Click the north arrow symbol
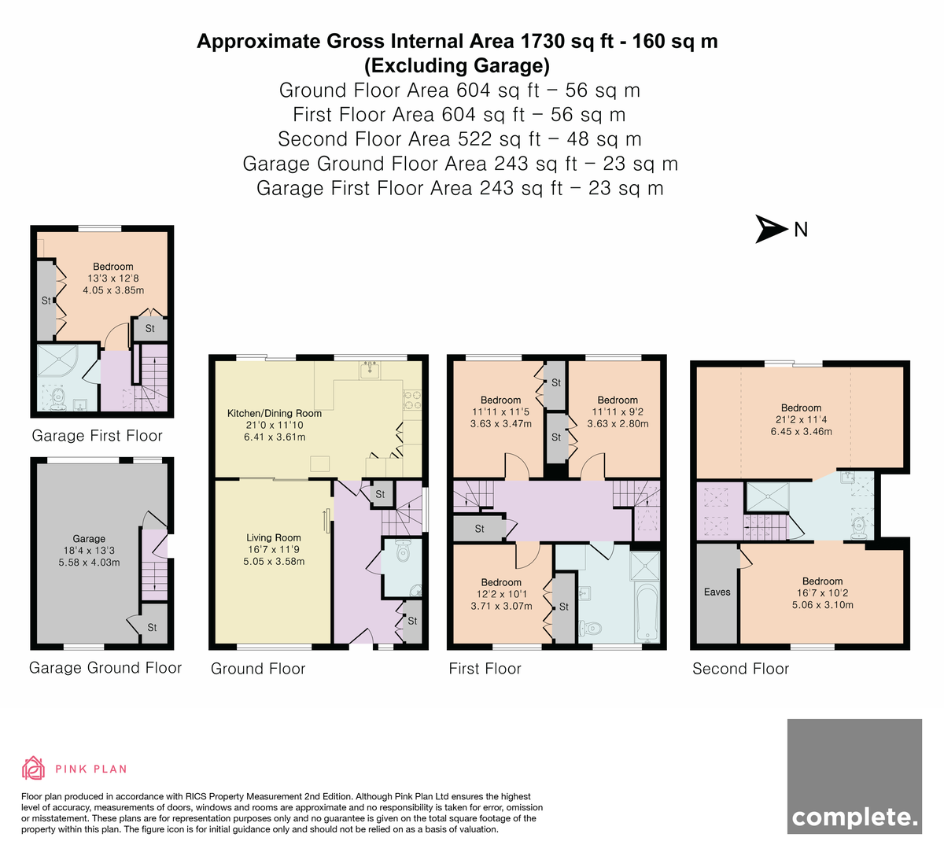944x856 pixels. click(x=771, y=229)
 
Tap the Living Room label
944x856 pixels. click(x=274, y=537)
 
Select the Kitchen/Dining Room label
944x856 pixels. click(x=275, y=413)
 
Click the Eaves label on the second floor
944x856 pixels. click(x=717, y=592)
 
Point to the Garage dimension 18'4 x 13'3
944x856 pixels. click(x=89, y=551)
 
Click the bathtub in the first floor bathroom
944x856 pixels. click(x=647, y=613)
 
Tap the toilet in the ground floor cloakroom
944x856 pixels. click(x=402, y=551)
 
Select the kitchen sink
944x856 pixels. click(x=371, y=370)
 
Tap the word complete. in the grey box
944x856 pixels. click(x=854, y=817)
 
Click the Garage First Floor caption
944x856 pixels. click(x=97, y=436)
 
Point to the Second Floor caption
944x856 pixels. click(x=740, y=669)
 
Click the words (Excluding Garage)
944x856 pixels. click(x=457, y=65)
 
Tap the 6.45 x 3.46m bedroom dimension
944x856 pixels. click(x=801, y=431)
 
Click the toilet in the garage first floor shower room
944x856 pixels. click(x=58, y=397)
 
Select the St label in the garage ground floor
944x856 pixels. click(x=152, y=627)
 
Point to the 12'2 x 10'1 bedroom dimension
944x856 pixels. click(x=501, y=594)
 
